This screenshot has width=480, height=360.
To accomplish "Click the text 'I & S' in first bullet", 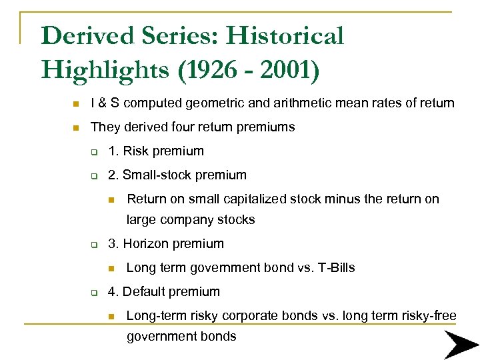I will tap(105, 103).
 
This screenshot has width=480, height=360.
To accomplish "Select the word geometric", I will tap(211, 103).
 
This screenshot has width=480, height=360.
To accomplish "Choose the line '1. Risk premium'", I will tap(156, 151).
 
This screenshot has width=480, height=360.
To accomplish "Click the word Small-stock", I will tap(154, 175).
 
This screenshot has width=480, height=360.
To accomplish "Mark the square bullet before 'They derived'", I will tap(77, 127).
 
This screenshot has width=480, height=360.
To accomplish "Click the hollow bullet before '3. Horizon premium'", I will tap(95, 245).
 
